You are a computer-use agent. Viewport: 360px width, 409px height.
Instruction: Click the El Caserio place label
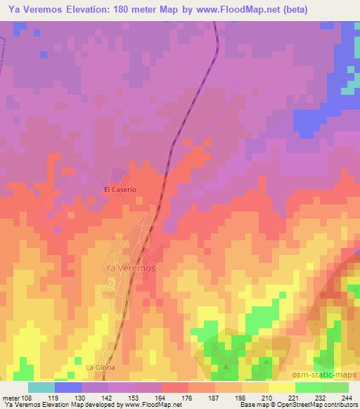click(119, 190)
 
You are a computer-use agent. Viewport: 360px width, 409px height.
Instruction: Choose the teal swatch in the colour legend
click(41, 387)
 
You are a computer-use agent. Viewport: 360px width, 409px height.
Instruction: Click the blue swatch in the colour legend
click(68, 387)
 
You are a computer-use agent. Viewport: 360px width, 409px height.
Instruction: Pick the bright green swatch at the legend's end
click(335, 387)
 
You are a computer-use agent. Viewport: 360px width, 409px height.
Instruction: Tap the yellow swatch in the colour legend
click(281, 387)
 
